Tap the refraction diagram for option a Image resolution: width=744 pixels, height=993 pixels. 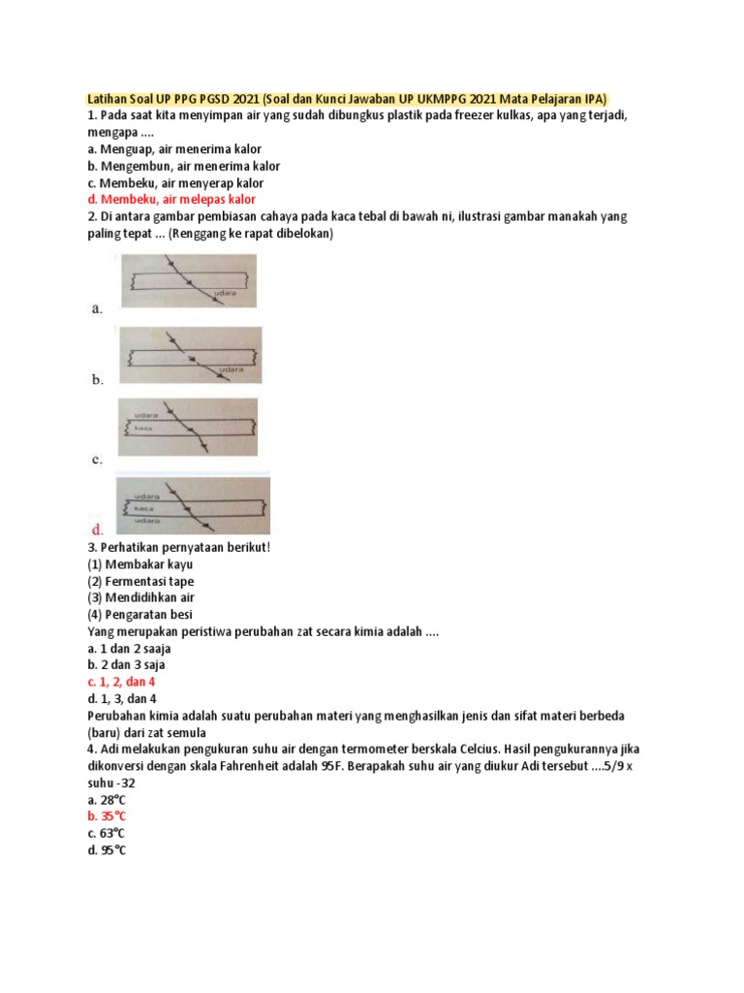[x=188, y=280]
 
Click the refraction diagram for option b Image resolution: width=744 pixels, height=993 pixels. [x=189, y=354]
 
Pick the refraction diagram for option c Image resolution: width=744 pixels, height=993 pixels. [x=188, y=428]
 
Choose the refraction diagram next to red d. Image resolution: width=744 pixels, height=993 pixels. [x=193, y=505]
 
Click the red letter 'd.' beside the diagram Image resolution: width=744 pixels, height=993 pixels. [x=98, y=530]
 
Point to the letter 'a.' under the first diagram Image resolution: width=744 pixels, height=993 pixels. [x=97, y=308]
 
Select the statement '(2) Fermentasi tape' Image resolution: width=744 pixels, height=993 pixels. [x=140, y=581]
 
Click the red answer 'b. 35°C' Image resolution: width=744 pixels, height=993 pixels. [x=108, y=817]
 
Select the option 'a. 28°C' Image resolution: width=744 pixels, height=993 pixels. [x=107, y=800]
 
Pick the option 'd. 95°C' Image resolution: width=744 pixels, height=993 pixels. [x=108, y=850]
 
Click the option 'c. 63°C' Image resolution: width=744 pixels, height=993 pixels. [x=107, y=833]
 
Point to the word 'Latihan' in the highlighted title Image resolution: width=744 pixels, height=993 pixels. [x=108, y=99]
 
